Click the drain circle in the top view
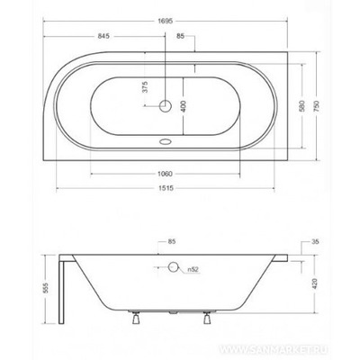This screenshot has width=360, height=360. point(166,106)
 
